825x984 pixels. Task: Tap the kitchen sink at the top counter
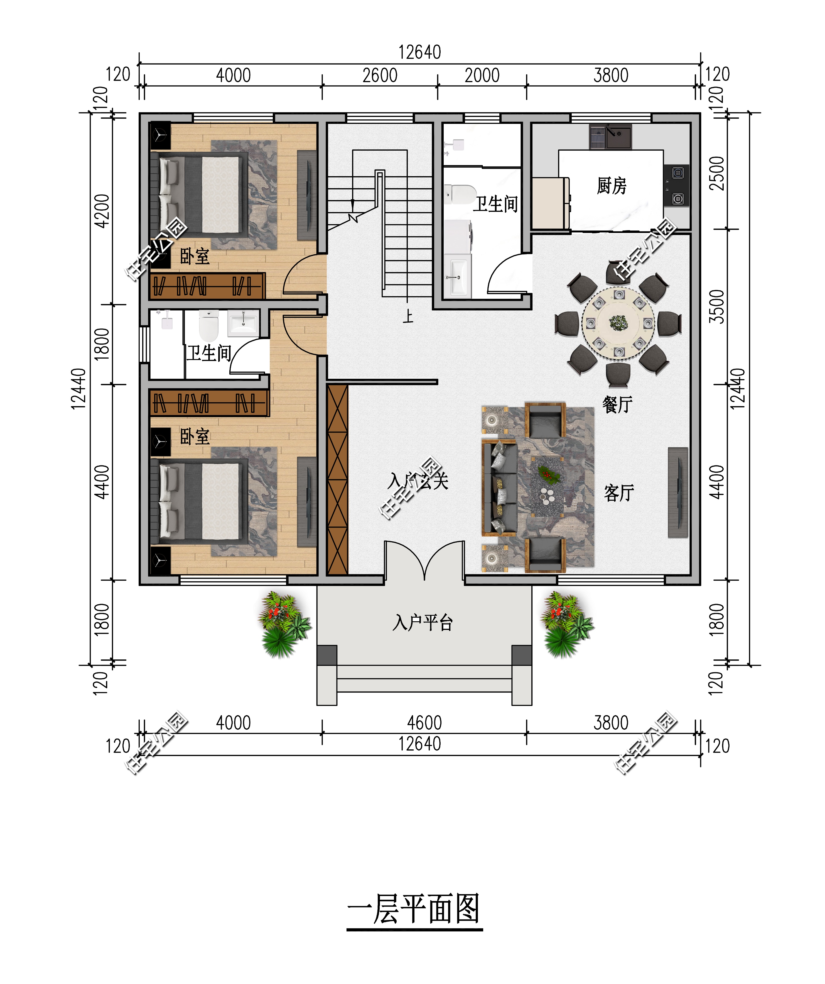(x=610, y=136)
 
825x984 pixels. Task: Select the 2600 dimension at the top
(x=380, y=75)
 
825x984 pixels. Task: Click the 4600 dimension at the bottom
(x=424, y=723)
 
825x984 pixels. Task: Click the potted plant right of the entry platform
(x=567, y=624)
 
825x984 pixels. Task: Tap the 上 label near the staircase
(x=408, y=316)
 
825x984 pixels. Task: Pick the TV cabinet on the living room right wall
(x=678, y=492)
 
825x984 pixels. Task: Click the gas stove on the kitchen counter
(x=676, y=186)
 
